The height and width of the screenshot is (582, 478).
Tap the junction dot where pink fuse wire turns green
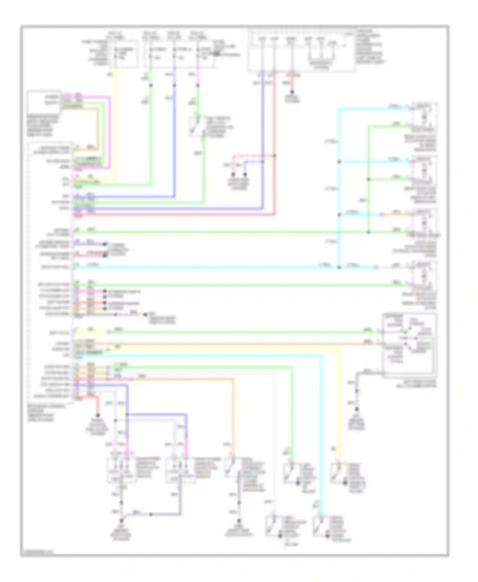tap(198, 85)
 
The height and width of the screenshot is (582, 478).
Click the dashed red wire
tap(253, 156)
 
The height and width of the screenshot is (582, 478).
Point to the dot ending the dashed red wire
tap(233, 174)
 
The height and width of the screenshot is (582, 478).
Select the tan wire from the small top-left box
tap(97, 127)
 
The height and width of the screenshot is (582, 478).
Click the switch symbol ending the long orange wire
tap(230, 468)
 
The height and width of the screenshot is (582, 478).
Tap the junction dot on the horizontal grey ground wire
tap(151, 515)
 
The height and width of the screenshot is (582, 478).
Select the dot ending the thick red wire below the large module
tap(98, 415)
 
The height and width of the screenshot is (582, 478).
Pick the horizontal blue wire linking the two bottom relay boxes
tap(156, 414)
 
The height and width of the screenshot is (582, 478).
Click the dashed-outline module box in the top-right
tap(301, 51)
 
